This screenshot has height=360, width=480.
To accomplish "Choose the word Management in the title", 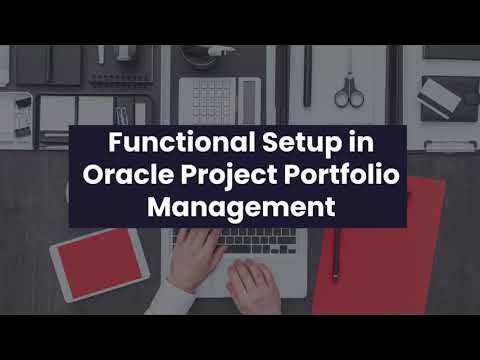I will coord(239,209).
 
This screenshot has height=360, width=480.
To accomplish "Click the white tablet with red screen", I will coord(99,263).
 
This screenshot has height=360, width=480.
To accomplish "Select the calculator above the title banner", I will coord(219,101).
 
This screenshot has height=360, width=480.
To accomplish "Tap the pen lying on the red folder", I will coord(336,254).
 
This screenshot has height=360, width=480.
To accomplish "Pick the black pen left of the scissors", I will coord(307,75).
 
